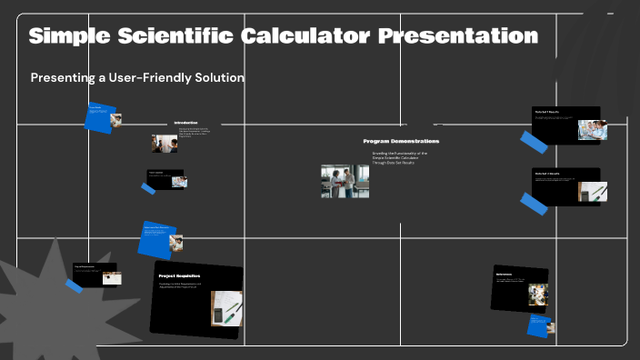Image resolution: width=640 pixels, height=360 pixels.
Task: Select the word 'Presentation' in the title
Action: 457,36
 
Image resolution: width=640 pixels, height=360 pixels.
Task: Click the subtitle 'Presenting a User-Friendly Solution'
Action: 137,78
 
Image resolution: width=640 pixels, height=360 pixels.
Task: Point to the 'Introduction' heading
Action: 185,123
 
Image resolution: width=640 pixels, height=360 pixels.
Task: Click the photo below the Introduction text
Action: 165,144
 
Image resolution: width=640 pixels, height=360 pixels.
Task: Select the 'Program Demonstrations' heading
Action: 401,142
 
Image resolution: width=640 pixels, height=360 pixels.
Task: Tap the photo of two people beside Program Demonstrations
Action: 345,181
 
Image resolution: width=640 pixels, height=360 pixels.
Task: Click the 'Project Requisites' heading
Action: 179,275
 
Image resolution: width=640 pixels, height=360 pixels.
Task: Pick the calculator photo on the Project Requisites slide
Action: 226,308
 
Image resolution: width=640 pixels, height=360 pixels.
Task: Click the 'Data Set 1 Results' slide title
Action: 547,112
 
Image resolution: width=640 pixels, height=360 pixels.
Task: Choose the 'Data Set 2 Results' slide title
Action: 547,173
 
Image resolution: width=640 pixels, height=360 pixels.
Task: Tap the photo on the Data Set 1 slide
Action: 592,130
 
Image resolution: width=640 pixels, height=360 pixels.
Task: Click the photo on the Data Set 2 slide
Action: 593,192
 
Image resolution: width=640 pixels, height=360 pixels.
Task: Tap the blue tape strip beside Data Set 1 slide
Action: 534,142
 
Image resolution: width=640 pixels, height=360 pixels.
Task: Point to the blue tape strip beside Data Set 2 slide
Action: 534,204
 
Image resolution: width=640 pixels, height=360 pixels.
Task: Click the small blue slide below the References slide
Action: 541,325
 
